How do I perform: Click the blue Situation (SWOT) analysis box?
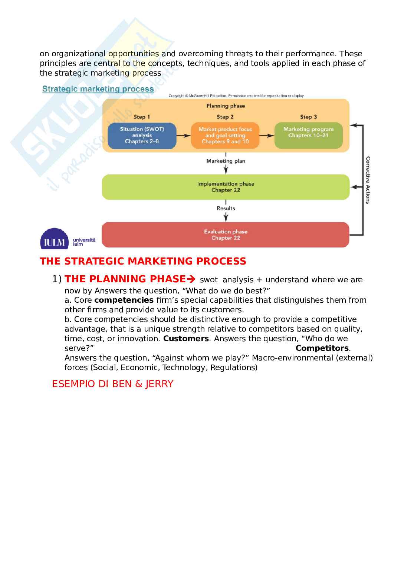pyautogui.click(x=142, y=136)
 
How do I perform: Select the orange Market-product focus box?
pyautogui.click(x=225, y=136)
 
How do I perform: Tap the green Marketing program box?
pyautogui.click(x=308, y=136)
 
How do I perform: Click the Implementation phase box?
pyautogui.click(x=226, y=187)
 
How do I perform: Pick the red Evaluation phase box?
pyautogui.click(x=226, y=235)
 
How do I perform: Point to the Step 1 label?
pyautogui.click(x=142, y=117)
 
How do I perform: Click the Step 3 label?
pyautogui.click(x=308, y=117)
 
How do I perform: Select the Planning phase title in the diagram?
pyautogui.click(x=226, y=106)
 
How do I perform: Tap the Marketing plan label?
pyautogui.click(x=226, y=161)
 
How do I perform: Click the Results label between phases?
pyautogui.click(x=226, y=208)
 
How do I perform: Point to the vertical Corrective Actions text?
pyautogui.click(x=368, y=180)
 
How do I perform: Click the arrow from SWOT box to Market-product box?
pyautogui.click(x=184, y=136)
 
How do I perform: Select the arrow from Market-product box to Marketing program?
pyautogui.click(x=267, y=136)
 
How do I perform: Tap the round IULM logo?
pyautogui.click(x=54, y=239)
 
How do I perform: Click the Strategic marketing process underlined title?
pyautogui.click(x=98, y=89)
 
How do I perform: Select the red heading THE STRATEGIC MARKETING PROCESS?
pyautogui.click(x=143, y=261)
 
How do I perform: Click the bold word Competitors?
pyautogui.click(x=322, y=348)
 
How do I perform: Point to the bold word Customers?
pyautogui.click(x=186, y=339)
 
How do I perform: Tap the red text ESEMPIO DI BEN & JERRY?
pyautogui.click(x=113, y=384)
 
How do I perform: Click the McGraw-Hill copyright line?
pyautogui.click(x=236, y=96)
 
